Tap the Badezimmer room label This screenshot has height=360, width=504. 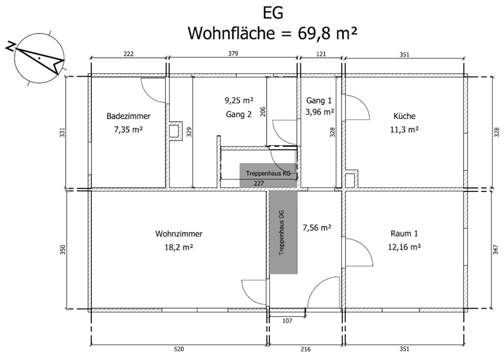[x=129, y=116]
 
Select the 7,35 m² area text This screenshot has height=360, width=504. [x=129, y=128]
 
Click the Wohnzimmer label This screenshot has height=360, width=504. [x=178, y=234]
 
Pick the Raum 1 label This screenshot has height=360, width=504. [x=405, y=234]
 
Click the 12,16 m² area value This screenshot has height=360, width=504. [x=405, y=246]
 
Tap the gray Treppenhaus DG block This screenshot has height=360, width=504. [x=283, y=232]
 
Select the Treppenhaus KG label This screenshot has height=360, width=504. [x=268, y=173]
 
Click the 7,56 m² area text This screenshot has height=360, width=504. [x=317, y=228]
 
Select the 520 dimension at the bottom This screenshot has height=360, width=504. [x=178, y=348]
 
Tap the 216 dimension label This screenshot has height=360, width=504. [x=306, y=348]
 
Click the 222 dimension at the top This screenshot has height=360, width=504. [x=129, y=54]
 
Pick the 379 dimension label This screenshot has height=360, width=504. [x=233, y=54]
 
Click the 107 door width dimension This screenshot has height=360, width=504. [x=287, y=320]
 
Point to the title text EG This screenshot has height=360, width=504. [x=272, y=13]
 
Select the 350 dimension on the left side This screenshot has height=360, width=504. [x=64, y=250]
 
